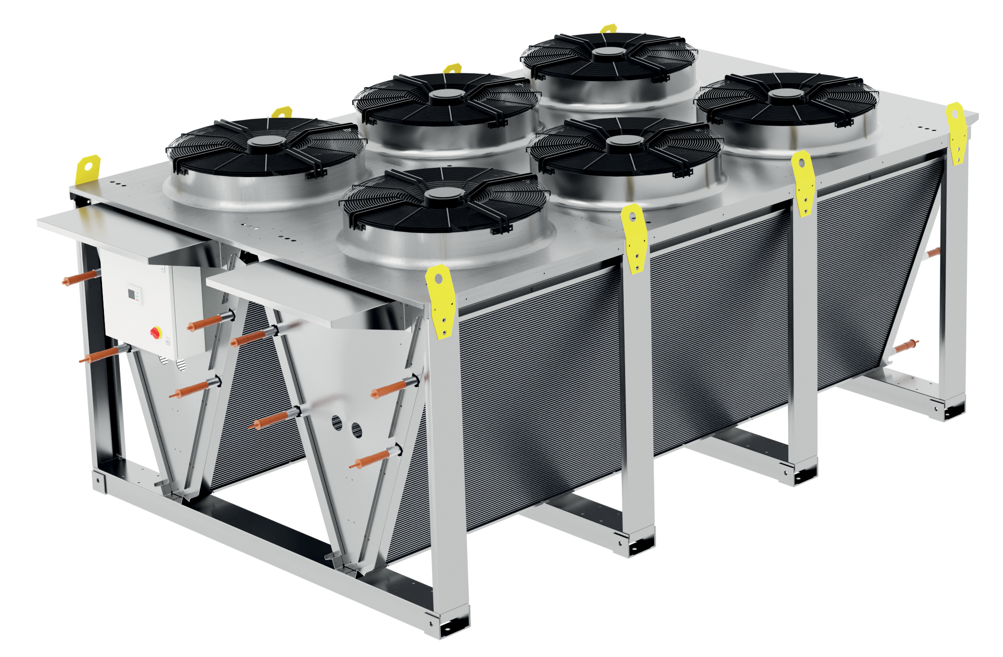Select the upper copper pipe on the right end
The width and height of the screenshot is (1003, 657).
(933, 252)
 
